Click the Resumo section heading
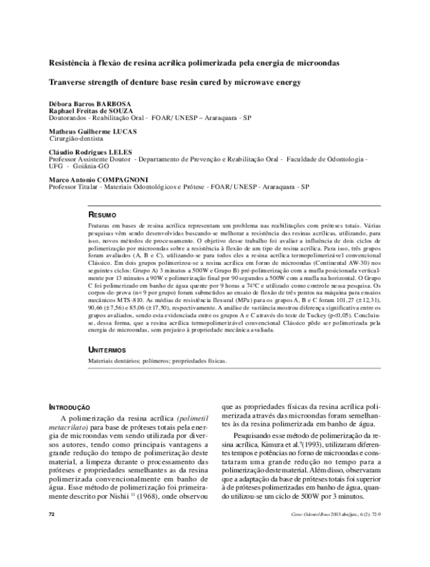102,215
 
